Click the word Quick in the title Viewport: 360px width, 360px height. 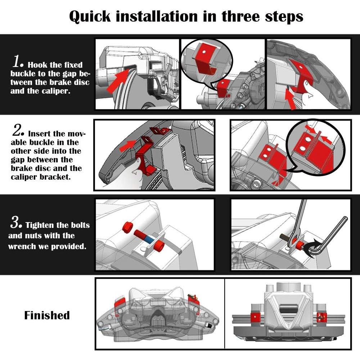(90, 17)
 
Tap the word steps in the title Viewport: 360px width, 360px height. (284, 17)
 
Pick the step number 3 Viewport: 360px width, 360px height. (16, 222)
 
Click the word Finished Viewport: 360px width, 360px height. (47, 315)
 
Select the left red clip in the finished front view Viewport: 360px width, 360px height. (255, 318)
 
